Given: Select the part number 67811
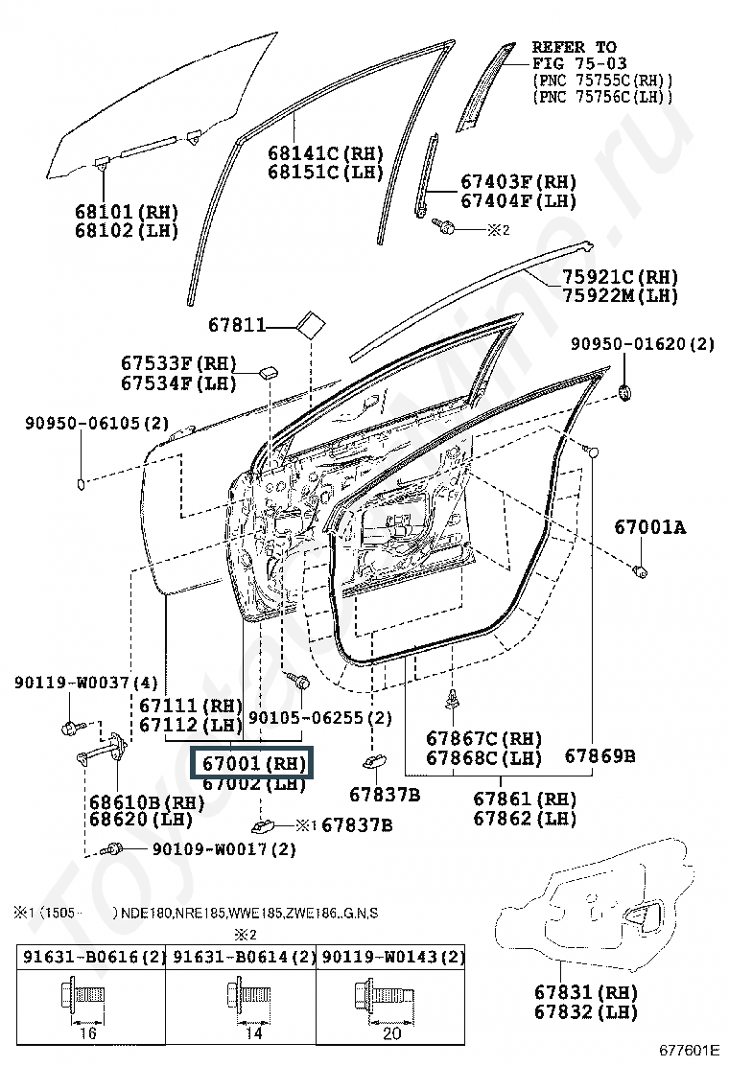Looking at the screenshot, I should coord(237,326).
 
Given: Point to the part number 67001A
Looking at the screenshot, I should coord(650,526).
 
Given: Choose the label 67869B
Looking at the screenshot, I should coord(599,755).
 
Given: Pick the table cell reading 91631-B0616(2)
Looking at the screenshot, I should coord(90,957).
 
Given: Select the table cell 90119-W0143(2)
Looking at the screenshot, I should coord(392,957).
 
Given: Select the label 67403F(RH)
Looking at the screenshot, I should coord(519,182).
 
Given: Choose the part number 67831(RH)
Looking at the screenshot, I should coord(586,992).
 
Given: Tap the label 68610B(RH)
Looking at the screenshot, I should coord(147,801).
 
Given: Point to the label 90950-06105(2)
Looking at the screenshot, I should coord(97,423).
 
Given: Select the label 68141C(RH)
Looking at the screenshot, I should coord(325,153).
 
